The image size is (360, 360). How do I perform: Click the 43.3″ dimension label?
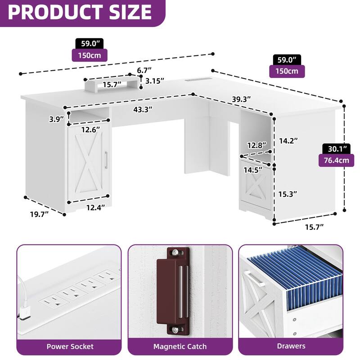[143, 109]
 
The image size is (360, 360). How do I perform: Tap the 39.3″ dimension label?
[241, 99]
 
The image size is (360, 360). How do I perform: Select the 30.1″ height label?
[337, 149]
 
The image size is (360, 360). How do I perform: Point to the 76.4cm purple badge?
[336, 160]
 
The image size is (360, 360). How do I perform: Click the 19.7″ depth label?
[39, 214]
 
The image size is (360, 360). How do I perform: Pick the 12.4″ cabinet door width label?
[95, 207]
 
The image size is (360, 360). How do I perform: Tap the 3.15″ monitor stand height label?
[155, 81]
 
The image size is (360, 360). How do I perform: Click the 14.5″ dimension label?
[253, 170]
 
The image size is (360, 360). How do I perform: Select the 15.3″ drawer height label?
[288, 194]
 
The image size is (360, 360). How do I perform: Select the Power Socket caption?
[70, 346]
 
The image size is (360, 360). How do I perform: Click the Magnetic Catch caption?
[180, 346]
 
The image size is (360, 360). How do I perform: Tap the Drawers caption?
[291, 346]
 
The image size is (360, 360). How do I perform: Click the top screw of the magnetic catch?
[175, 253]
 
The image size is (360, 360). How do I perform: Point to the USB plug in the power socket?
[24, 312]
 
